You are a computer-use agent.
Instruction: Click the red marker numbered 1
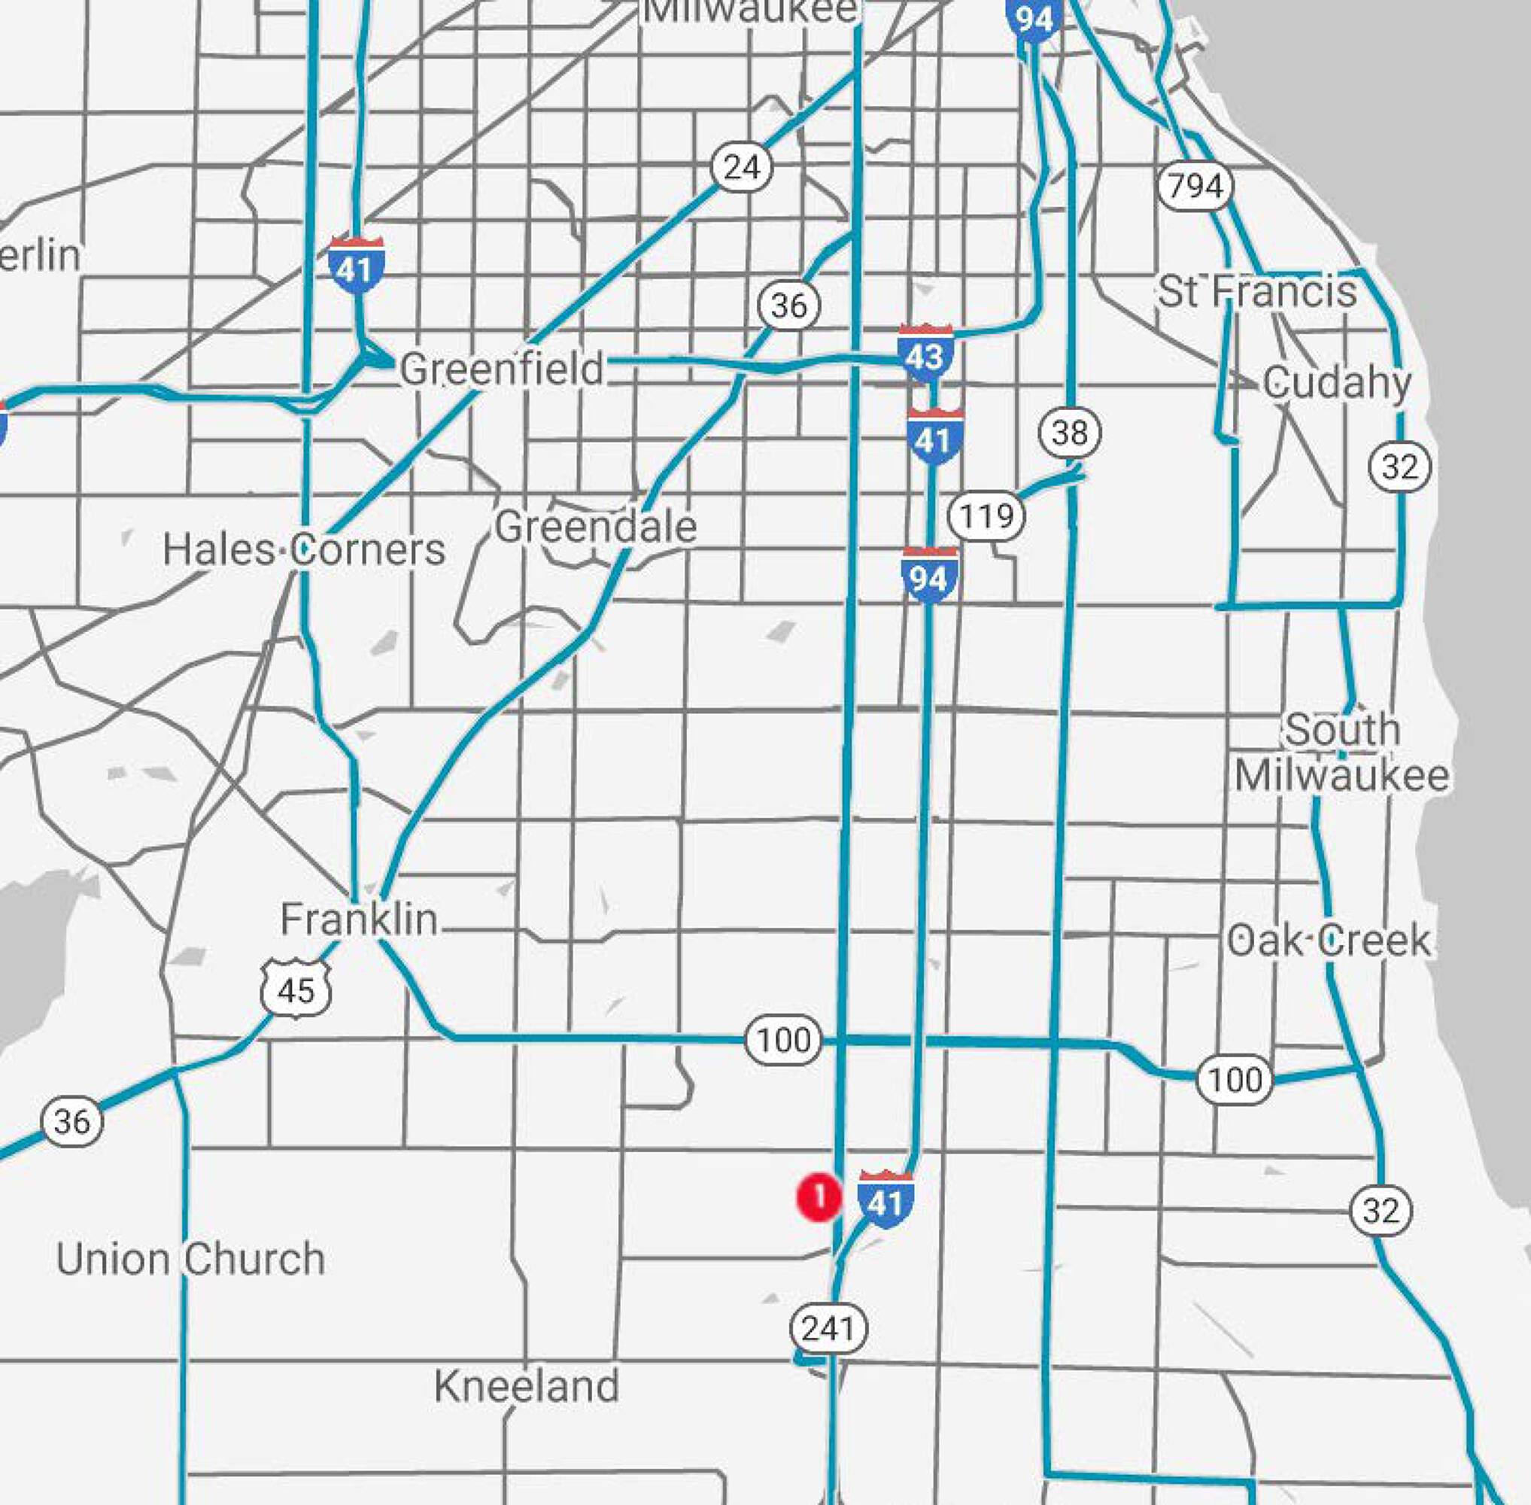click(819, 1197)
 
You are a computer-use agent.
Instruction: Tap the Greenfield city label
click(502, 369)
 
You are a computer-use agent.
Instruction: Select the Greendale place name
click(596, 528)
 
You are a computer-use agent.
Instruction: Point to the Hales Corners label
click(304, 549)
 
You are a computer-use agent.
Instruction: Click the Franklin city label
click(359, 920)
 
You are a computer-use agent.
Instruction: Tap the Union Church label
click(190, 1259)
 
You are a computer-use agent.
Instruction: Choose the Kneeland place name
click(527, 1386)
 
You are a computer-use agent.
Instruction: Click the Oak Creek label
click(1329, 940)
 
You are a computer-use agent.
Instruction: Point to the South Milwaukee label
click(1341, 752)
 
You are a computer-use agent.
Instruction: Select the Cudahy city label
click(1337, 383)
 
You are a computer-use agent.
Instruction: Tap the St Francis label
click(1256, 291)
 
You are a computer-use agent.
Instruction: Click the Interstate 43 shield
click(925, 354)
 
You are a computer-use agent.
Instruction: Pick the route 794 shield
click(1195, 187)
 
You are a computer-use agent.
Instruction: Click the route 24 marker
click(741, 168)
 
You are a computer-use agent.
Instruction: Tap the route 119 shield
click(986, 516)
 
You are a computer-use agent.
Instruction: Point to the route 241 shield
click(828, 1328)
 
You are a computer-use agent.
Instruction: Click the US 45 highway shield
click(296, 989)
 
